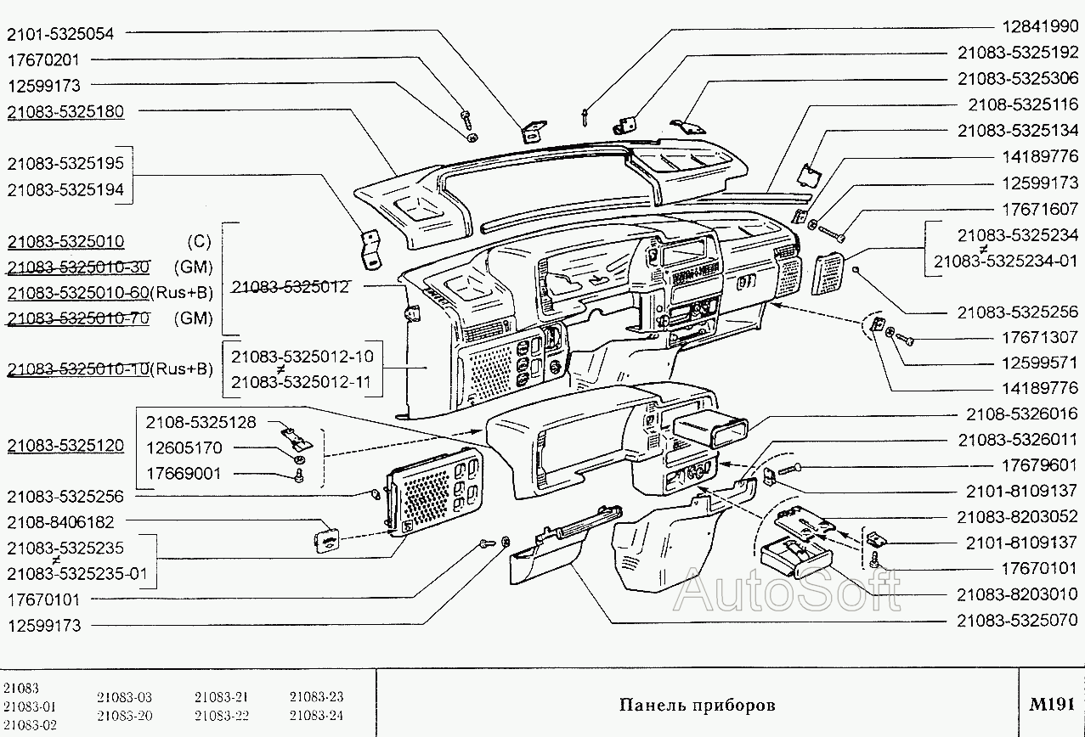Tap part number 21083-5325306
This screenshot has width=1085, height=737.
click(1018, 78)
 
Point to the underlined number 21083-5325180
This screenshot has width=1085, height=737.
click(65, 112)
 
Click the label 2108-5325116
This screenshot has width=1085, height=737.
click(1023, 104)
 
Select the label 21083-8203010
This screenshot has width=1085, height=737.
click(1018, 594)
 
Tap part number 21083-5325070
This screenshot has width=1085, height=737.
click(1018, 620)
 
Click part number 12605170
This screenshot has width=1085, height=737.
click(183, 447)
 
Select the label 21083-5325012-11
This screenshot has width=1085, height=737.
click(301, 382)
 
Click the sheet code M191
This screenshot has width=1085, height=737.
click(1052, 704)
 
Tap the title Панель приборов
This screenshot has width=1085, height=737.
click(697, 706)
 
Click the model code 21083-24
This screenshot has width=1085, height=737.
click(316, 715)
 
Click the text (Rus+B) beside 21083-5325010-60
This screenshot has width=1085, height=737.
click(182, 293)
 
